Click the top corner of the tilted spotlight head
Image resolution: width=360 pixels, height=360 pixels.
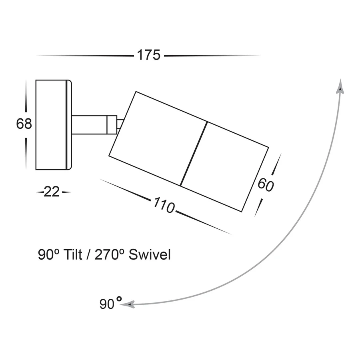tap(136, 92)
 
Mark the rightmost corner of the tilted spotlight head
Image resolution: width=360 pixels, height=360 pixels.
tap(269, 147)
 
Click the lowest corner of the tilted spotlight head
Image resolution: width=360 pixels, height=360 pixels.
tap(242, 212)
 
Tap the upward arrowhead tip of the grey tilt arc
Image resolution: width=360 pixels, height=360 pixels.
tap(340, 79)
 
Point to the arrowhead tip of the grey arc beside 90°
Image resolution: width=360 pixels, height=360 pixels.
tap(120, 305)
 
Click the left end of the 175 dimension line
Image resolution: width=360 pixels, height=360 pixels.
tap(36, 56)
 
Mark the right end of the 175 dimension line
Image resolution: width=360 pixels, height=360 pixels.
tap(260, 56)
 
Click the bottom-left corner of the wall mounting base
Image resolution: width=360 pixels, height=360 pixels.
tap(36, 170)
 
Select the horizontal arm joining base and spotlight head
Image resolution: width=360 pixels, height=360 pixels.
tap(89, 125)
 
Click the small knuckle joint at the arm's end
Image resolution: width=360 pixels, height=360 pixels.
tap(112, 125)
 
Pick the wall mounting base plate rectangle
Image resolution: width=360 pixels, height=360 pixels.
tap(54, 125)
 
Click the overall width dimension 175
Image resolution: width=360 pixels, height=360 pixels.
tap(149, 55)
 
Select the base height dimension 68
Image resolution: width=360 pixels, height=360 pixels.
tap(24, 124)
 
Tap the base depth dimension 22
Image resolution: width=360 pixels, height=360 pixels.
tap(52, 192)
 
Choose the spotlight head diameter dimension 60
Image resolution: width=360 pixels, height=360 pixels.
tap(266, 185)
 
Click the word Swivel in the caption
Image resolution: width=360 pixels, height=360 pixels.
tap(150, 255)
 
